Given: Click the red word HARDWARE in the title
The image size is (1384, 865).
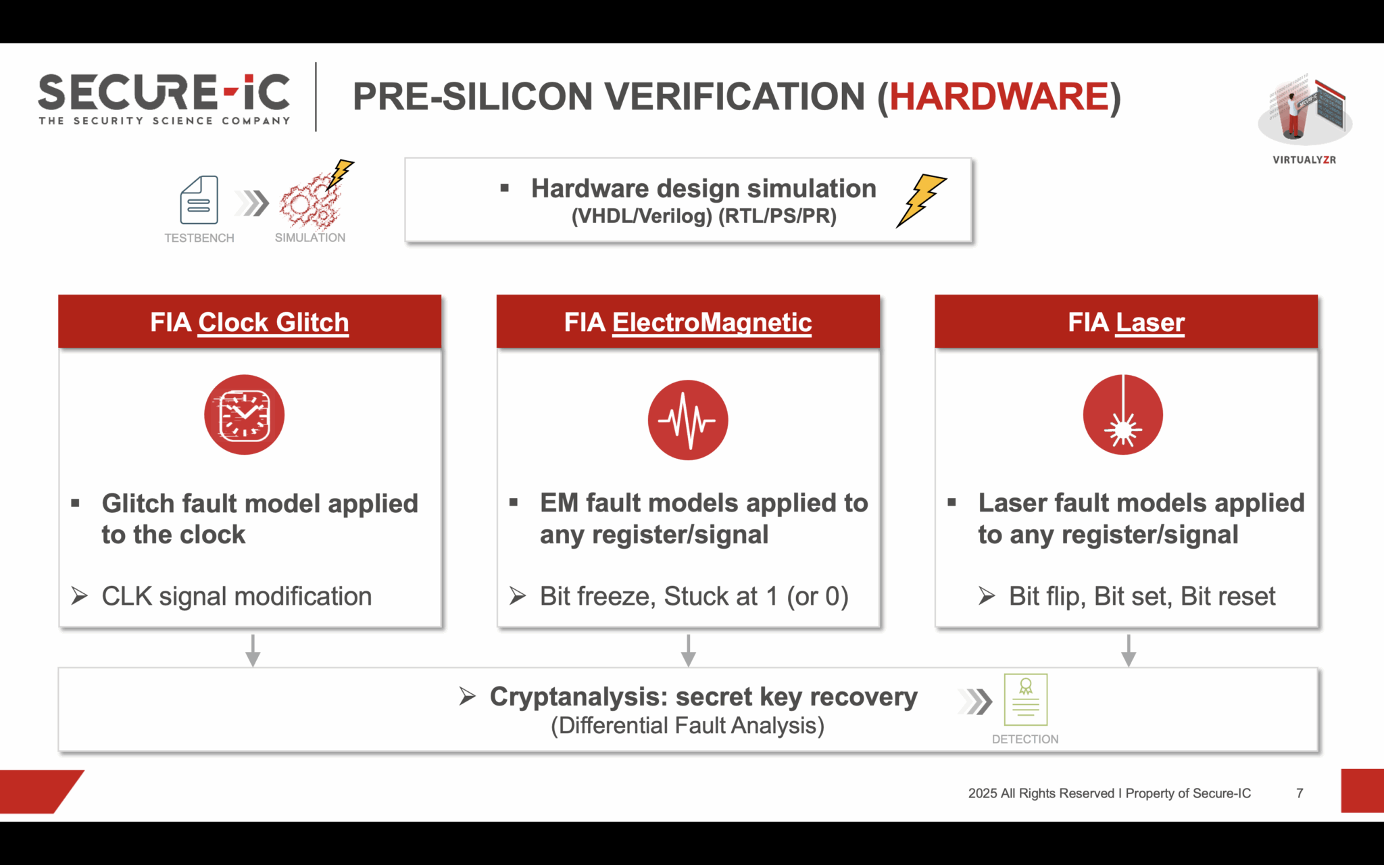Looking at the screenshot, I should tap(999, 97).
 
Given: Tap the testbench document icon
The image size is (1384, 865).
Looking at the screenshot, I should tap(199, 200).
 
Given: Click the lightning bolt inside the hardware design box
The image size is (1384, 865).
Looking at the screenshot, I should tap(920, 200).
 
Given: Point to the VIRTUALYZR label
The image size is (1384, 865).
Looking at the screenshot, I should tap(1304, 160).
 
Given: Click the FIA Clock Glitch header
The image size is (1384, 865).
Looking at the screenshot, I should tap(249, 322).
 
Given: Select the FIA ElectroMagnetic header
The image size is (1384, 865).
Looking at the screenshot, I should tap(688, 322).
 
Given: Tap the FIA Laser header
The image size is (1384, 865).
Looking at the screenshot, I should tap(1126, 322).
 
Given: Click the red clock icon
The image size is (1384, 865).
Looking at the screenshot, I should tap(244, 414).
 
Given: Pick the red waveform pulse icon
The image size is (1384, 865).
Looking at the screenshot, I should tap(687, 420).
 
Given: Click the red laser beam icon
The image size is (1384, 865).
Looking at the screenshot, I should tap(1122, 415).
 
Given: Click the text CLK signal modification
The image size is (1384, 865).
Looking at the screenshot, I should tap(236, 597).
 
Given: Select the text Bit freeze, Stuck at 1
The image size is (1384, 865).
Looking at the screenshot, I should tap(693, 597).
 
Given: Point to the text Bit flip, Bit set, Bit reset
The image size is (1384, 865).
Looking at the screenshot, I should tap(1141, 597).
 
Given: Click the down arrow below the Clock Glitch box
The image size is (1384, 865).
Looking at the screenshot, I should tap(253, 651).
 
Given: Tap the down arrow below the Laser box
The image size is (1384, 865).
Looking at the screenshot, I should tap(1128, 651).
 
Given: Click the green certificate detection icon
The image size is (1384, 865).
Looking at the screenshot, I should tap(1025, 699).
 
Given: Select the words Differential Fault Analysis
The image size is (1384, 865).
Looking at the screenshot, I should tap(687, 726).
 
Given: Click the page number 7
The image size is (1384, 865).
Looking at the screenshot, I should tap(1299, 793).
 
